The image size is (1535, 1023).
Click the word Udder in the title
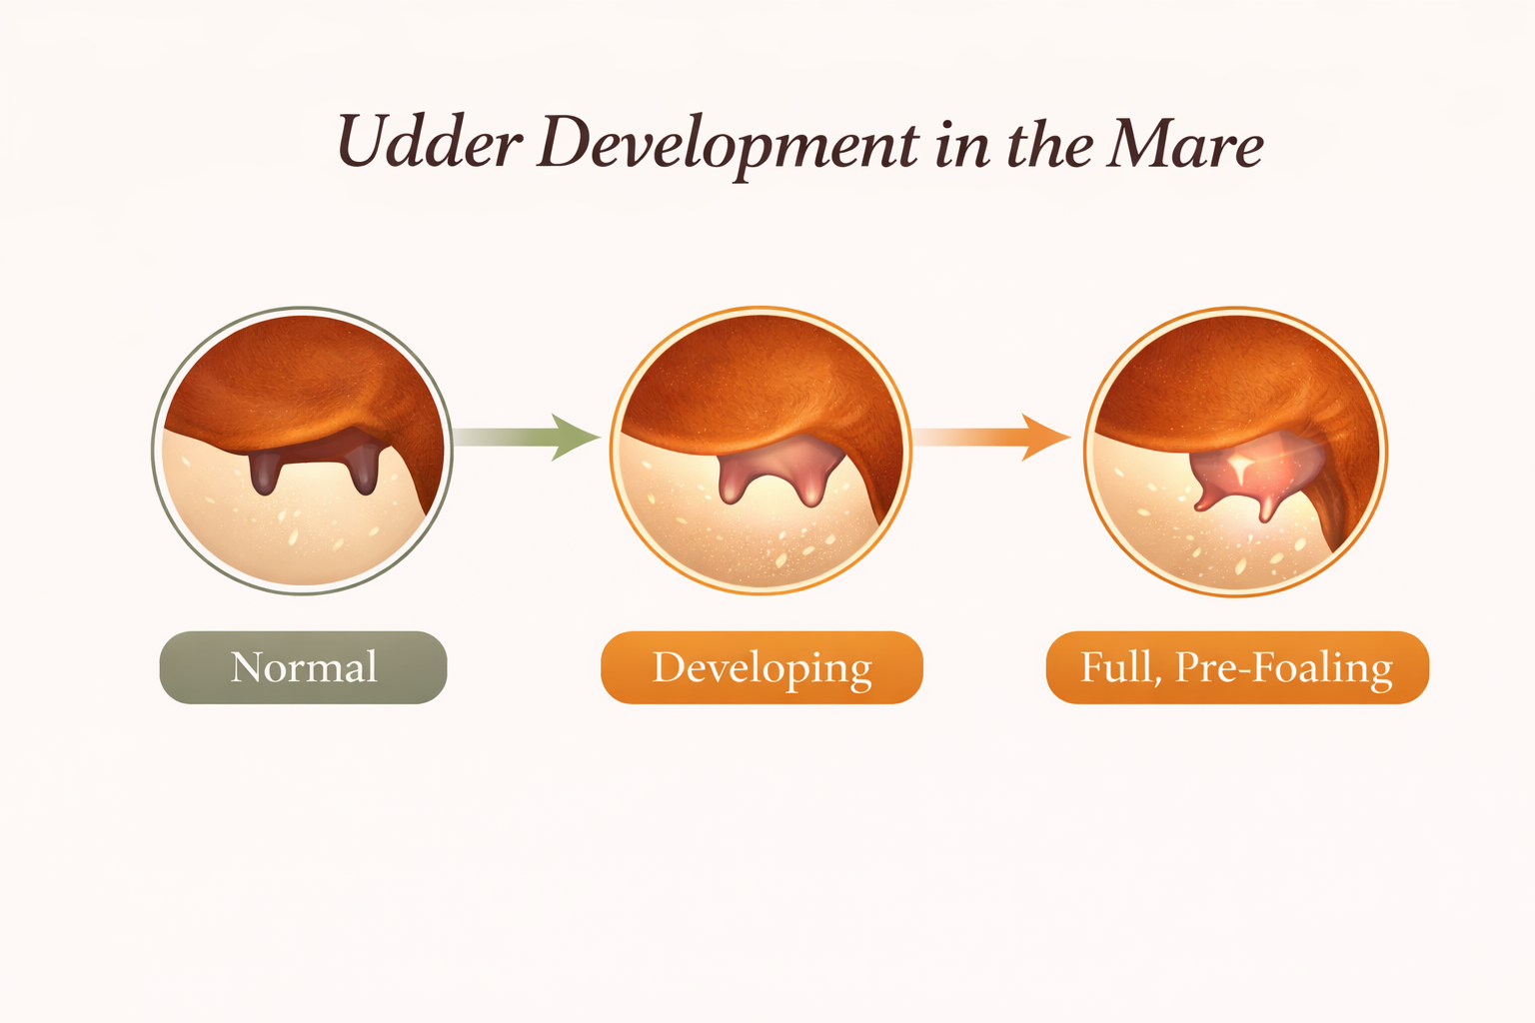(x=430, y=141)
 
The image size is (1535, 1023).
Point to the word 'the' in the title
(x=1049, y=143)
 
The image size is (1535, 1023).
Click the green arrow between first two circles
(x=527, y=437)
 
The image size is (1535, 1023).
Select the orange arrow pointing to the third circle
(x=991, y=437)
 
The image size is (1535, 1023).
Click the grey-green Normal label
(x=303, y=666)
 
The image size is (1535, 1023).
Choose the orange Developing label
(x=762, y=666)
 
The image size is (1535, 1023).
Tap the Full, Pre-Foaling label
(x=1237, y=666)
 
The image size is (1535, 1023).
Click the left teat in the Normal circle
(x=264, y=473)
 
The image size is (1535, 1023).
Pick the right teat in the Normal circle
(x=364, y=472)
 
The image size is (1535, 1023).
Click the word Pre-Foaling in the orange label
(x=1283, y=667)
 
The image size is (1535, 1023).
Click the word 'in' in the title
(x=962, y=145)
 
